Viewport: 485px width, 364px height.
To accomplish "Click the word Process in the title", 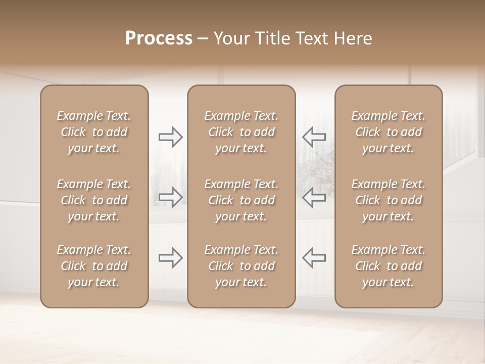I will (159, 38).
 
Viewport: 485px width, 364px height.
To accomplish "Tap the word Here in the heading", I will (353, 38).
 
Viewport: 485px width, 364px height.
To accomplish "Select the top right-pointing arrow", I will (170, 137).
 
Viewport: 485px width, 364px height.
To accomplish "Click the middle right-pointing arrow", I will (170, 197).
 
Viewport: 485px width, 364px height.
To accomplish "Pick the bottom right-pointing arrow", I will (170, 257).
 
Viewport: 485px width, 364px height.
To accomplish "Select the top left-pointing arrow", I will (314, 137).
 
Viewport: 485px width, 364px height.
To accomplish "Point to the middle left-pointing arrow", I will (314, 197).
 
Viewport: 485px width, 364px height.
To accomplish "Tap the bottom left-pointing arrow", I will (314, 257).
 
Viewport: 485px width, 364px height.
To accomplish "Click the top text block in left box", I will (94, 132).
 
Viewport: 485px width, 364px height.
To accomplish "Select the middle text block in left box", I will (94, 200).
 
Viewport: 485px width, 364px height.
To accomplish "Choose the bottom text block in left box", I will (94, 266).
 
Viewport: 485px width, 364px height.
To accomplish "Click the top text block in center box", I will (241, 132).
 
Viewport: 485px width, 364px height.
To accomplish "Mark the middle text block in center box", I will (241, 200).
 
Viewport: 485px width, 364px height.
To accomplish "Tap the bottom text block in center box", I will (241, 266).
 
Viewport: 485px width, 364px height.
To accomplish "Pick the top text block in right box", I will (389, 132).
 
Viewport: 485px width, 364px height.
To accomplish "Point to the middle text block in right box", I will (389, 200).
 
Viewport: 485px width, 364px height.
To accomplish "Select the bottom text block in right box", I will (389, 266).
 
